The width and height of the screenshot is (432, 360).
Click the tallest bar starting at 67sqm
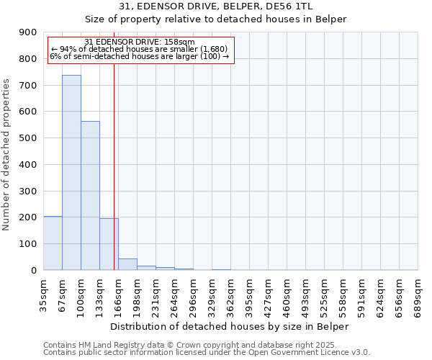[x=71, y=173]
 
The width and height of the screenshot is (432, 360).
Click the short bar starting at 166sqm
[x=127, y=264]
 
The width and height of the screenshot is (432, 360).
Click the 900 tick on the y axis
[x=29, y=32]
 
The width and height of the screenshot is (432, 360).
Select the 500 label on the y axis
[x=29, y=138]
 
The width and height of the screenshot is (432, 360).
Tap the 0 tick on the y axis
[x=33, y=270]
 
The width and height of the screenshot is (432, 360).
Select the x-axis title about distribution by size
[x=230, y=326]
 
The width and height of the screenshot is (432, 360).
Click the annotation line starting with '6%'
[x=139, y=56]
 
